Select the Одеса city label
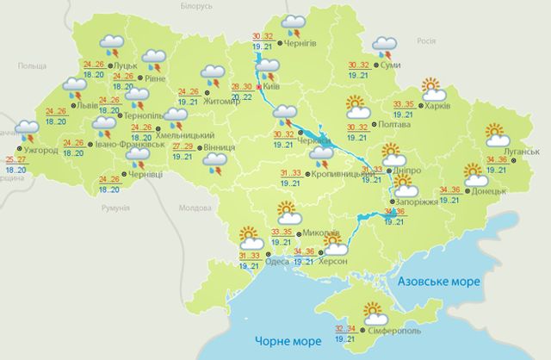point(280,256)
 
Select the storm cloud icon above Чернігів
point(295,23)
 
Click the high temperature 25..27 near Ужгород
point(15,160)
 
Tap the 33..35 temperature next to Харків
point(403,104)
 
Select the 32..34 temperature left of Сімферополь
point(345,328)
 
